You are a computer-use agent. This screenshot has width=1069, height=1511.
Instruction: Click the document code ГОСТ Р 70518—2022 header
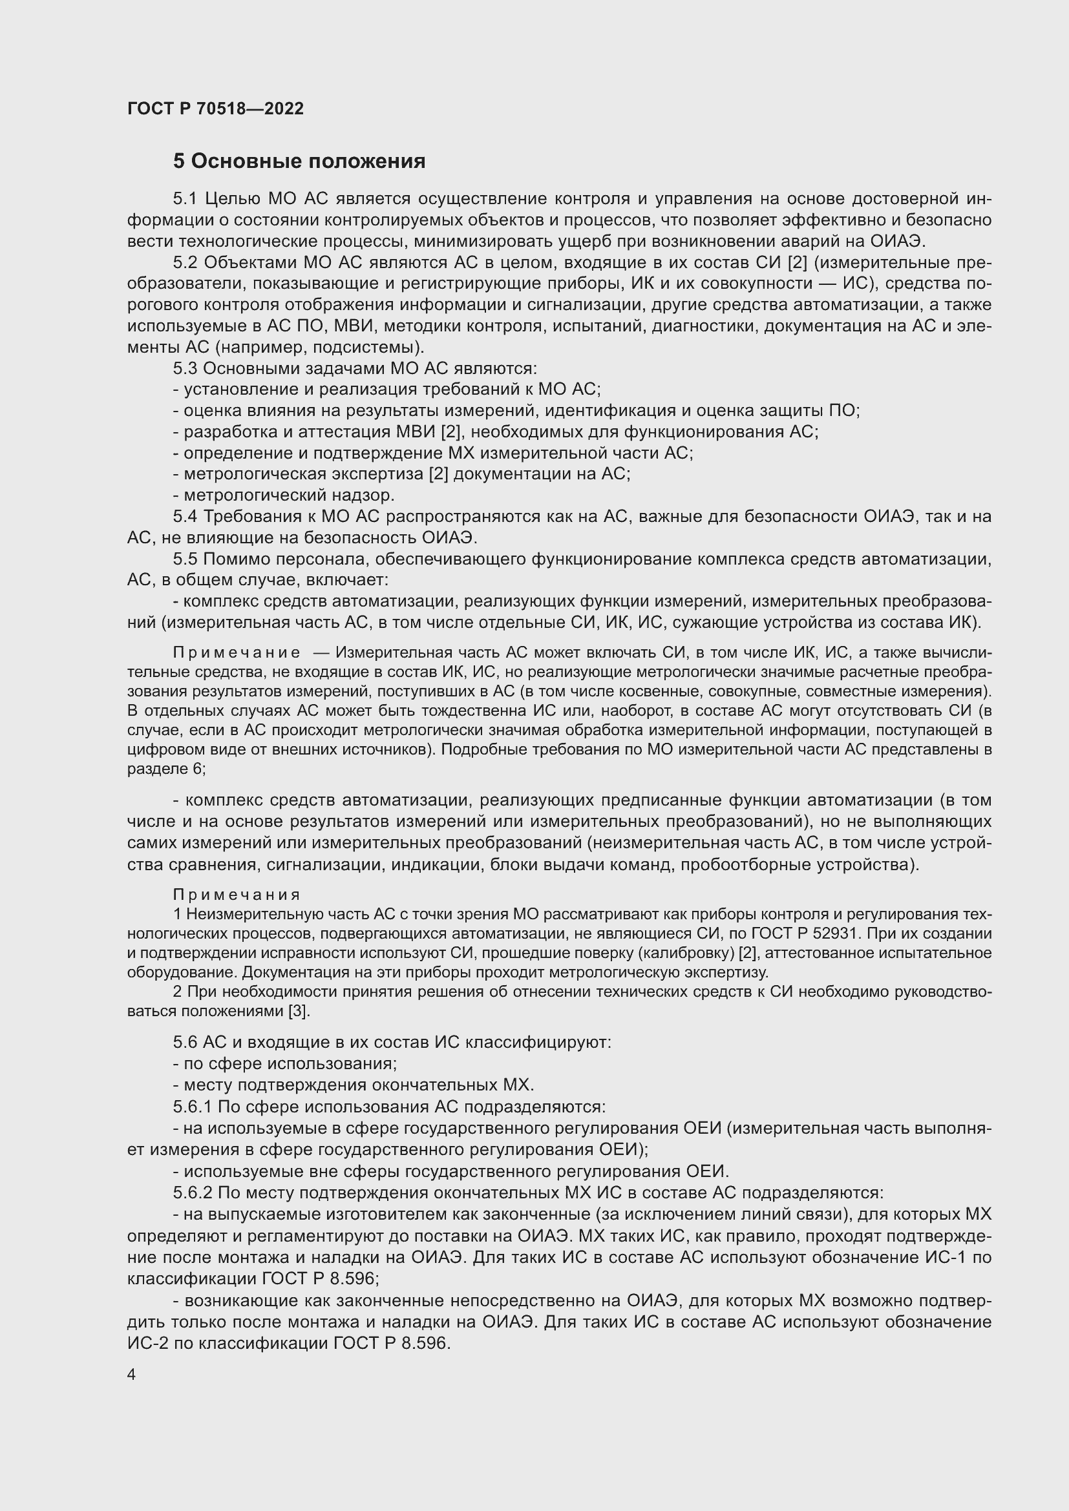(215, 109)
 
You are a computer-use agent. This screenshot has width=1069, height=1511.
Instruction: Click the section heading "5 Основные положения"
(299, 162)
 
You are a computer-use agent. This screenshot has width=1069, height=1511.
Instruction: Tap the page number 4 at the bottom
(132, 1375)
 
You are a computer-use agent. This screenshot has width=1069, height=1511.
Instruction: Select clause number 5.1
(186, 199)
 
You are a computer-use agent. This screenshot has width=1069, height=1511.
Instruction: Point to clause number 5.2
(186, 262)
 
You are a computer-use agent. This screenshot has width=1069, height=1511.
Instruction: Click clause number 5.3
(186, 368)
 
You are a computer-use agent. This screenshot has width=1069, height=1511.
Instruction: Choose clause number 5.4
(186, 517)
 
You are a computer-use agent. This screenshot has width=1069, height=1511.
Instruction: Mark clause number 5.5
(186, 559)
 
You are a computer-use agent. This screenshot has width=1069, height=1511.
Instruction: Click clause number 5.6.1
(193, 1108)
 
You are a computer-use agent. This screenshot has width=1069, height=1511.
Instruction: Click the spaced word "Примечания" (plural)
(237, 895)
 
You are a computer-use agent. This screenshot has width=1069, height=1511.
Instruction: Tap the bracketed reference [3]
(299, 1012)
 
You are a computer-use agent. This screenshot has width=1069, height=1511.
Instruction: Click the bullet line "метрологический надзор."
(284, 495)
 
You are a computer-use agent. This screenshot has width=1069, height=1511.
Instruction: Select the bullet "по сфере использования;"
(285, 1064)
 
